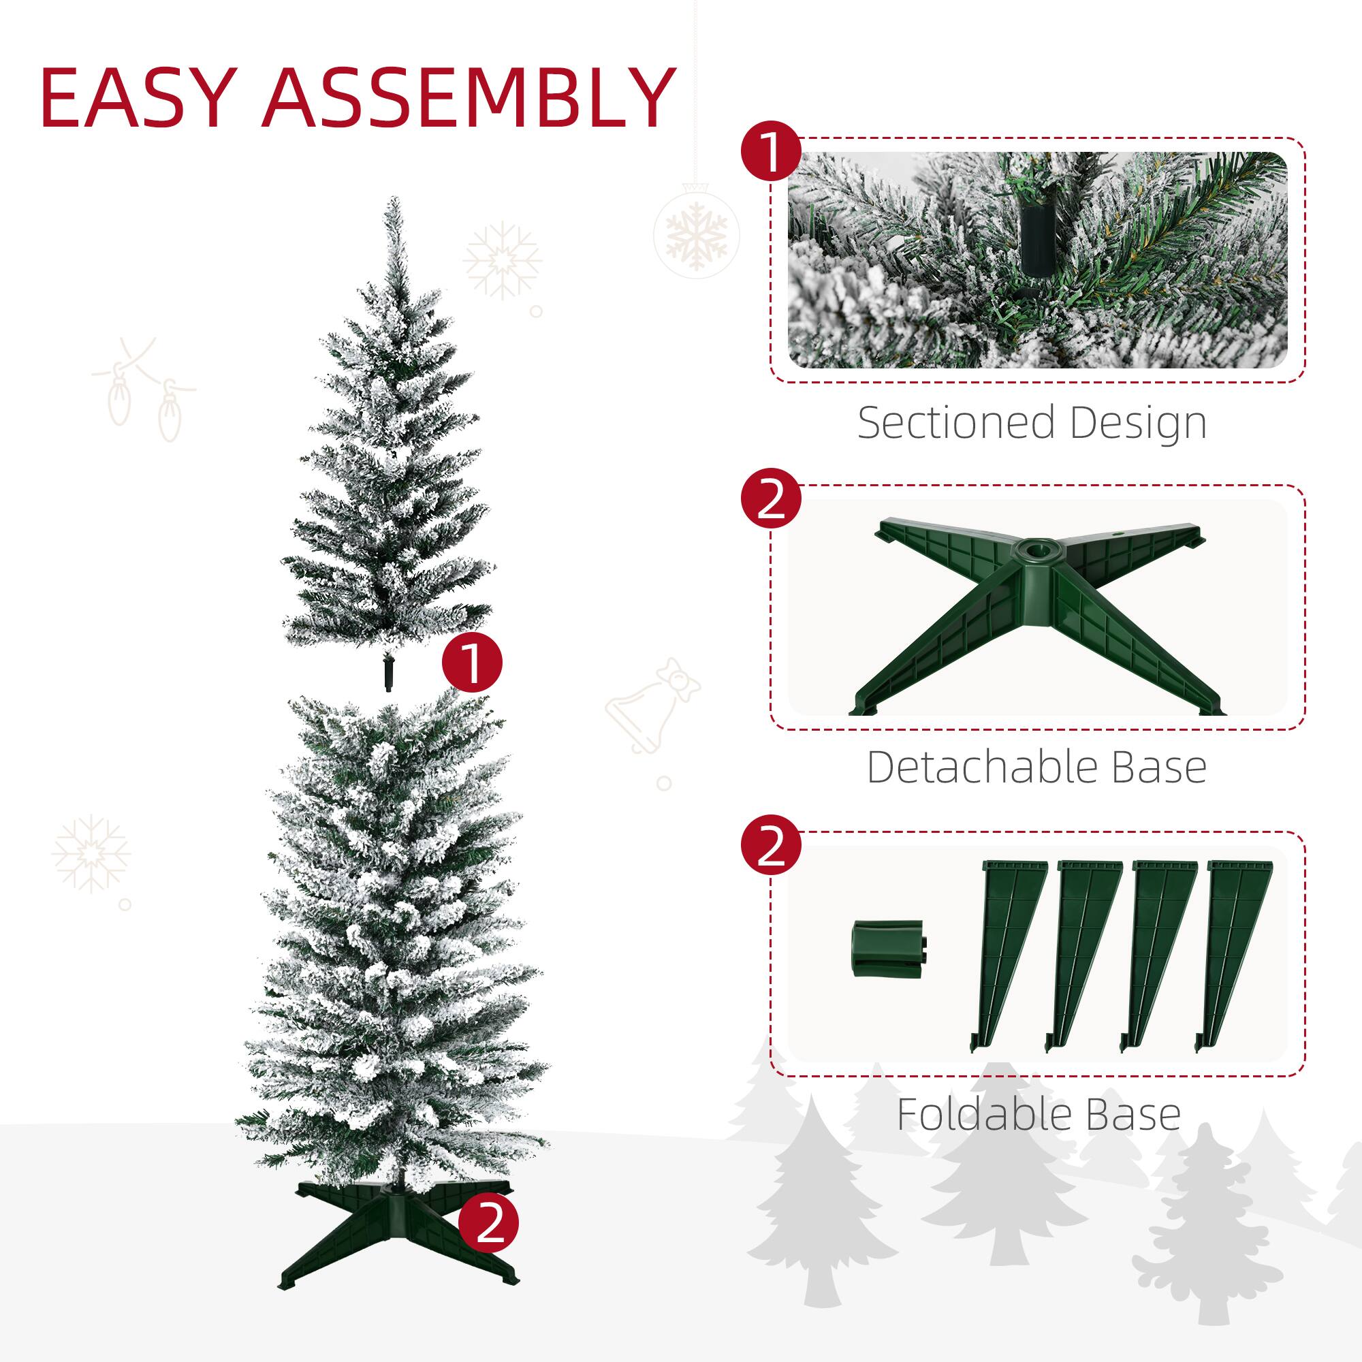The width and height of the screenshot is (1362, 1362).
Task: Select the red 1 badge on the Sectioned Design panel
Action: pyautogui.click(x=772, y=153)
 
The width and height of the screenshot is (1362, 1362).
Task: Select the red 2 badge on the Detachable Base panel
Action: pyautogui.click(x=772, y=501)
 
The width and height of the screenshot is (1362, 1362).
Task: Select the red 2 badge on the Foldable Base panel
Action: pyautogui.click(x=772, y=849)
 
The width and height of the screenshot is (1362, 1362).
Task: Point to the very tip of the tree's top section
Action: pyautogui.click(x=392, y=200)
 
